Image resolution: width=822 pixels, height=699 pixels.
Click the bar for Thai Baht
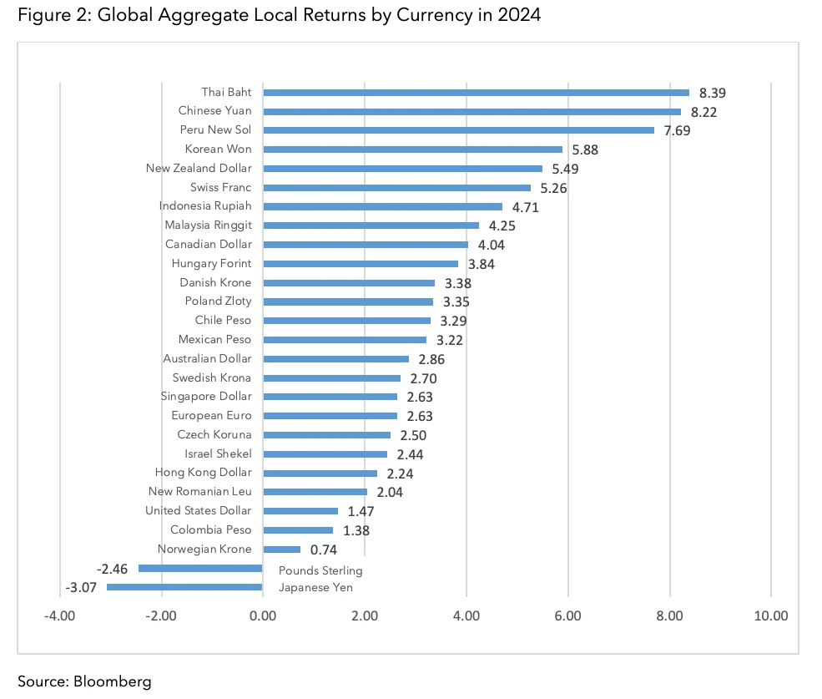point(476,92)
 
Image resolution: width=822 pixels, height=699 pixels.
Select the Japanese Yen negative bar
point(184,587)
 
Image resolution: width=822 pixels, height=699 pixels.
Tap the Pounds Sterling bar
point(200,568)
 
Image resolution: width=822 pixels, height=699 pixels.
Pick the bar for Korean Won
point(412,149)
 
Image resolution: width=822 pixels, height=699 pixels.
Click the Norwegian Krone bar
point(281,550)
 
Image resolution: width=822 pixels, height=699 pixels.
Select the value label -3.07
point(83,588)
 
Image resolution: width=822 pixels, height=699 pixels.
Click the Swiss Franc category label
point(220,187)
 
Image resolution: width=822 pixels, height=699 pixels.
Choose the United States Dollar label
point(198,510)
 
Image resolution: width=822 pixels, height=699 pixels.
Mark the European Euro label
point(211,415)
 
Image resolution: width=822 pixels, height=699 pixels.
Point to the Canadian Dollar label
point(208,245)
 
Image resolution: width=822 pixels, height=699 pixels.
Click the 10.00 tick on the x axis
point(770,617)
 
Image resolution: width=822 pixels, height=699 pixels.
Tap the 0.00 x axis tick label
point(262,617)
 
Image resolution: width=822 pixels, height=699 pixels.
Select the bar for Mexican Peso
point(344,340)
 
